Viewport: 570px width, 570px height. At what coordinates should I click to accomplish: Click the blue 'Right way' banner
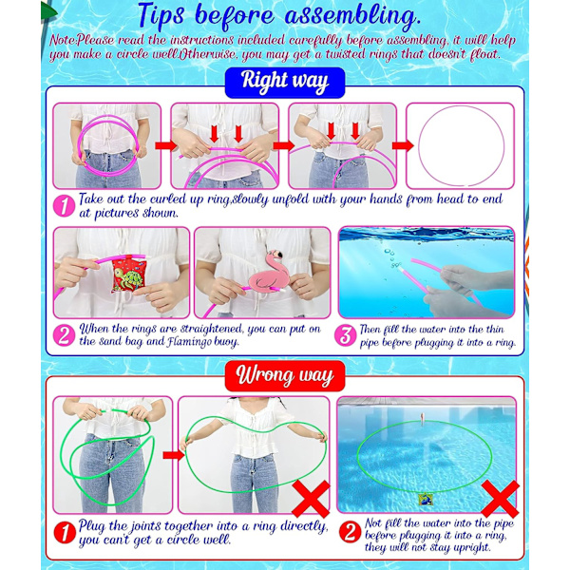pyautogui.click(x=285, y=83)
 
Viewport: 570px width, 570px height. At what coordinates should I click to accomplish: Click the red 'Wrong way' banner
pyautogui.click(x=285, y=376)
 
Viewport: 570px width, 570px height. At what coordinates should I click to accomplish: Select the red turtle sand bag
pyautogui.click(x=128, y=275)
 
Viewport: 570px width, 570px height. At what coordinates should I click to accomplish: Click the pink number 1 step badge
pyautogui.click(x=64, y=206)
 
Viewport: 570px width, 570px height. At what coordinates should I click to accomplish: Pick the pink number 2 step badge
pyautogui.click(x=64, y=335)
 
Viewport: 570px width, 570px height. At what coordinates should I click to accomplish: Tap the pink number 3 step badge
pyautogui.click(x=345, y=335)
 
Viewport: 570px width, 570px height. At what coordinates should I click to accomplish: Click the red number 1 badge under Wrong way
pyautogui.click(x=65, y=533)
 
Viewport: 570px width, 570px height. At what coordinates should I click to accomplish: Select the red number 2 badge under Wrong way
pyautogui.click(x=350, y=533)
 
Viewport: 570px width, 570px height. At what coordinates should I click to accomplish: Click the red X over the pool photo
pyautogui.click(x=501, y=499)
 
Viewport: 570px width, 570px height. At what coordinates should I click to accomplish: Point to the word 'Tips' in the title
pyautogui.click(x=161, y=16)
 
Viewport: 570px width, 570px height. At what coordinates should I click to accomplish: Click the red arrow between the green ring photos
pyautogui.click(x=174, y=455)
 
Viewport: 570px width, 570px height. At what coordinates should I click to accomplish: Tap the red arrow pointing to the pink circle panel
pyautogui.click(x=403, y=145)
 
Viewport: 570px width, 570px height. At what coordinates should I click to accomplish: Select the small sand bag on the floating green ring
pyautogui.click(x=426, y=499)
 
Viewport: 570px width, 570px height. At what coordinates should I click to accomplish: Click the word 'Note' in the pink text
pyautogui.click(x=63, y=40)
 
